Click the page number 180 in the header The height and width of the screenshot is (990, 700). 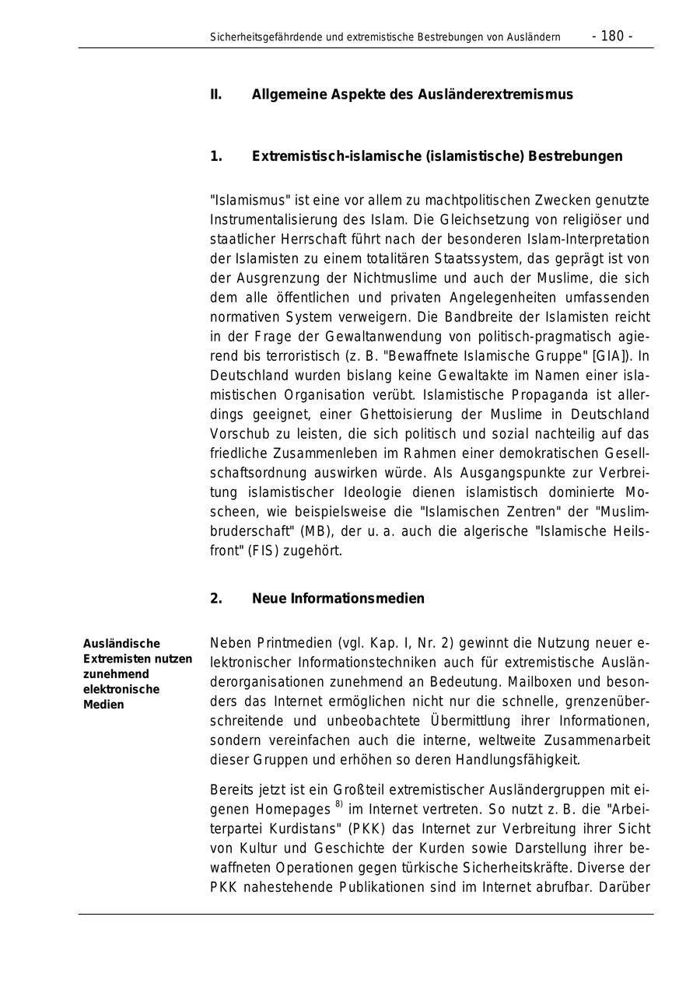click(x=612, y=37)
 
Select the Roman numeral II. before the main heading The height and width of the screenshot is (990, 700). click(x=215, y=95)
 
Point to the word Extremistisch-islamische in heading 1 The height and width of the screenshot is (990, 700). click(x=337, y=156)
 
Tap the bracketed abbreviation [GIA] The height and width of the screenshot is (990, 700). click(x=608, y=356)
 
